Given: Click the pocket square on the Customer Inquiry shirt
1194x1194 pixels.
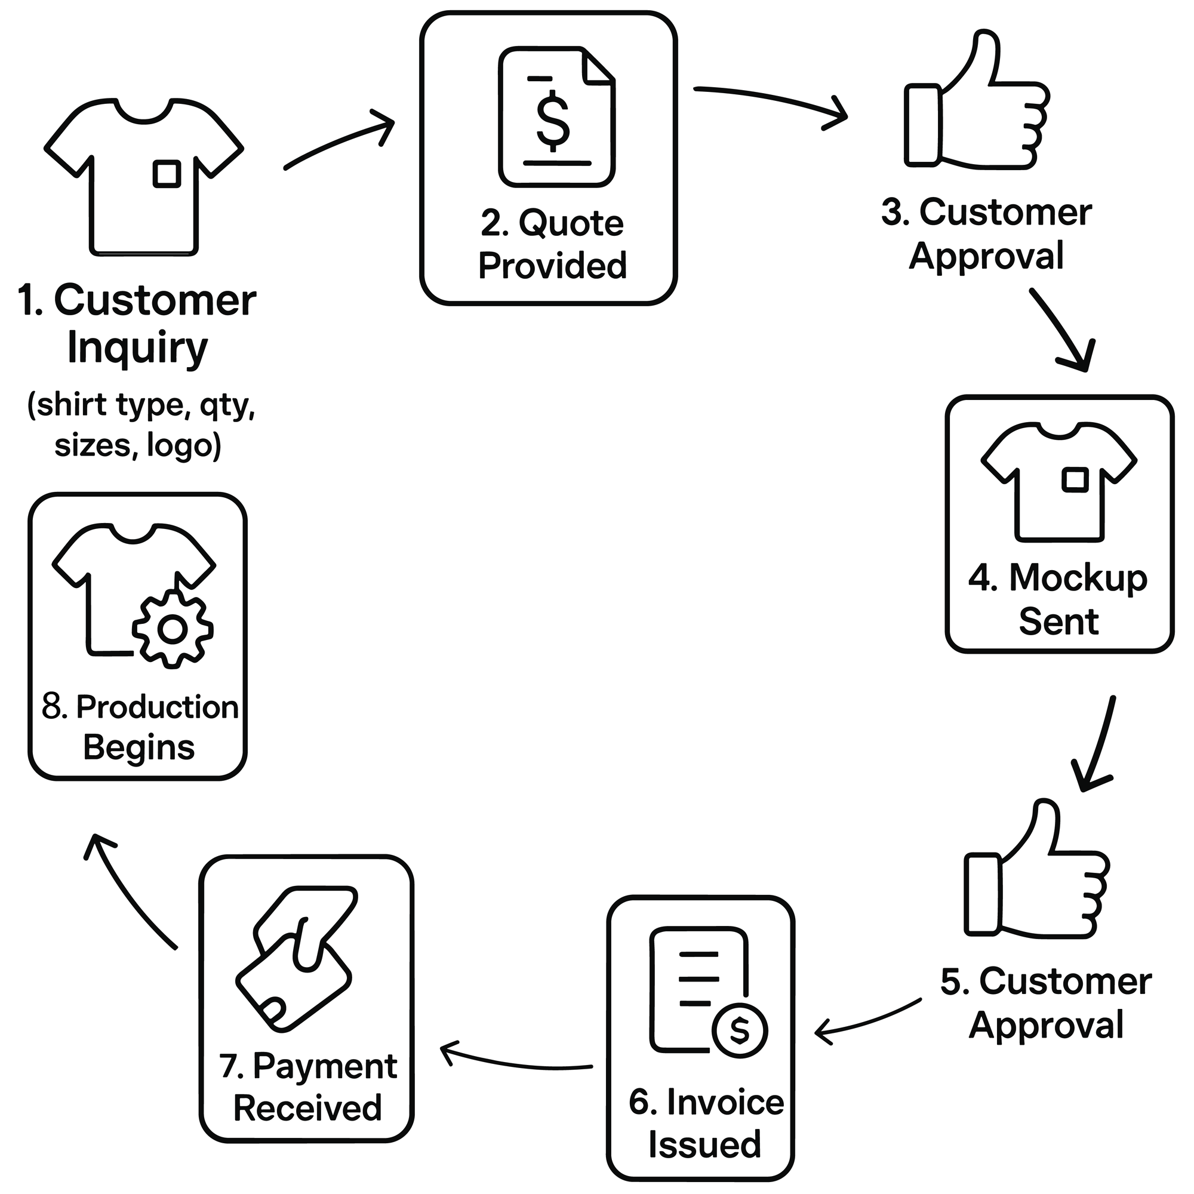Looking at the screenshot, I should coord(167,174).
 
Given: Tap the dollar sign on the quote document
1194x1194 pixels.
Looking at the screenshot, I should coord(552,121).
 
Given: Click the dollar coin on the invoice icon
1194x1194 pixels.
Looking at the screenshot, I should coord(740,1030).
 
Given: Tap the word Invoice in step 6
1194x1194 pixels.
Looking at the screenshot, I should coord(725,1103).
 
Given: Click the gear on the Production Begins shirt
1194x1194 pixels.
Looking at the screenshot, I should coord(173,629).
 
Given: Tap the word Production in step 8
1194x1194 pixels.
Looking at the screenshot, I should coord(157,707).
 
